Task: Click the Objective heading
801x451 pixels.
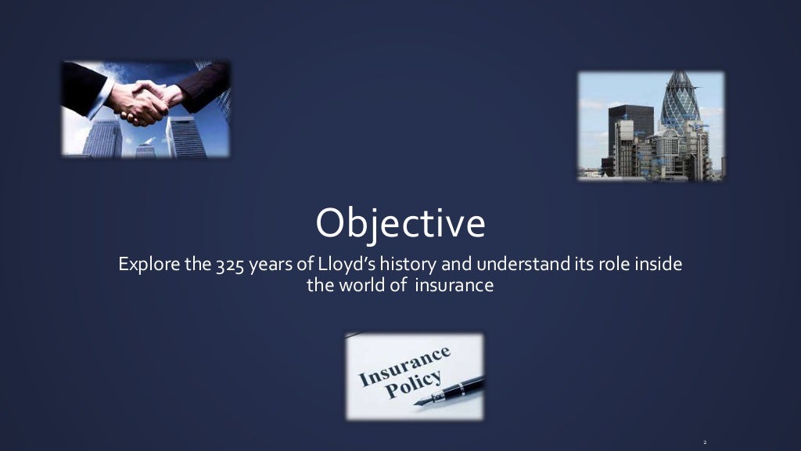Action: [400, 223]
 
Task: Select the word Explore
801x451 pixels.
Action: [149, 265]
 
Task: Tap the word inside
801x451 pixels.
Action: [659, 265]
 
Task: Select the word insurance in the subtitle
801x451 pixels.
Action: [454, 285]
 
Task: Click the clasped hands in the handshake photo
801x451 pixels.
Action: [141, 103]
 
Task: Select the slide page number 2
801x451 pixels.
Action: [705, 442]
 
